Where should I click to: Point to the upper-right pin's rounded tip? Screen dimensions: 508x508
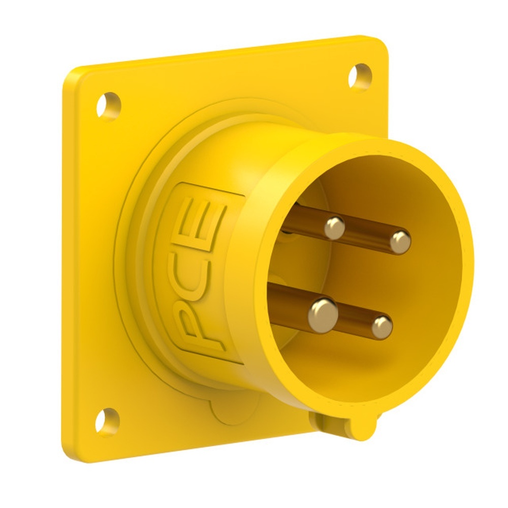click(x=400, y=242)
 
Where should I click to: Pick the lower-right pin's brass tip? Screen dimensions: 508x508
click(x=382, y=327)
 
